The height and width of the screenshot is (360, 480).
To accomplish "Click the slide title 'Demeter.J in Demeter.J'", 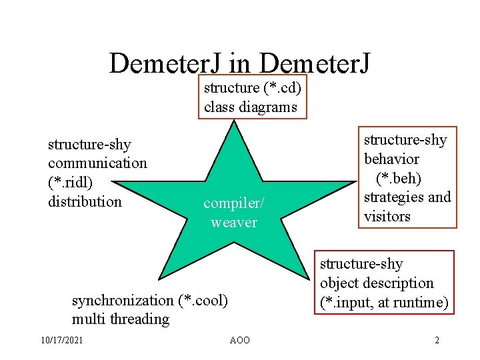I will click(x=239, y=64).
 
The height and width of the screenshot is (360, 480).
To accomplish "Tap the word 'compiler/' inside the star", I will click(x=233, y=203).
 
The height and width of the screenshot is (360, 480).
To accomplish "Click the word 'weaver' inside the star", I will click(x=233, y=222).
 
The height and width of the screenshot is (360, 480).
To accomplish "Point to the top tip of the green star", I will click(x=233, y=122).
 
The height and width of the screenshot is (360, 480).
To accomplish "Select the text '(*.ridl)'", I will click(x=70, y=182).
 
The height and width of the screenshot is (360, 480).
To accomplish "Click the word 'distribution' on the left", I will click(x=85, y=201).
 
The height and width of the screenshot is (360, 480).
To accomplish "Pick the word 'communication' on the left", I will click(x=97, y=163).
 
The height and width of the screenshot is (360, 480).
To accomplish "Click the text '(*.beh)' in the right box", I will click(x=399, y=178).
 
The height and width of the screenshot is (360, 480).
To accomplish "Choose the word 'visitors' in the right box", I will click(x=387, y=216).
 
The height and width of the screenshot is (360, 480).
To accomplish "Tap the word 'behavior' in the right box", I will click(x=391, y=159).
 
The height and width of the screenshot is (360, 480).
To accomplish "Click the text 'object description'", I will click(x=377, y=283).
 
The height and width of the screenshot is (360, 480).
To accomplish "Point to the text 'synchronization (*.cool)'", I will click(x=149, y=300).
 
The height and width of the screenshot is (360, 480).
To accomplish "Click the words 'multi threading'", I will click(x=120, y=319).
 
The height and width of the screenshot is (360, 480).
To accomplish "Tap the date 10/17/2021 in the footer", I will click(x=61, y=341).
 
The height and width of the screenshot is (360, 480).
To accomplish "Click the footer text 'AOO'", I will click(x=239, y=341).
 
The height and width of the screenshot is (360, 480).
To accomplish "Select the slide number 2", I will click(x=437, y=341).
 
